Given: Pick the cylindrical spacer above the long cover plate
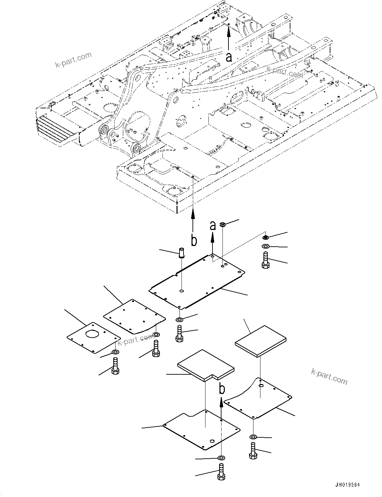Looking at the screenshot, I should pos(182,253).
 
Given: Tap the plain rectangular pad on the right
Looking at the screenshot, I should pos(260,341).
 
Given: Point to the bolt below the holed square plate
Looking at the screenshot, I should pos(116,366).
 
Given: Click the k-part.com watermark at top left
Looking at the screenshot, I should pos(73,59).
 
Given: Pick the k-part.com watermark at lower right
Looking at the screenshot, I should pos(329,376).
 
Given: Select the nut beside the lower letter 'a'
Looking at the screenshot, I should pos(223,224).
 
